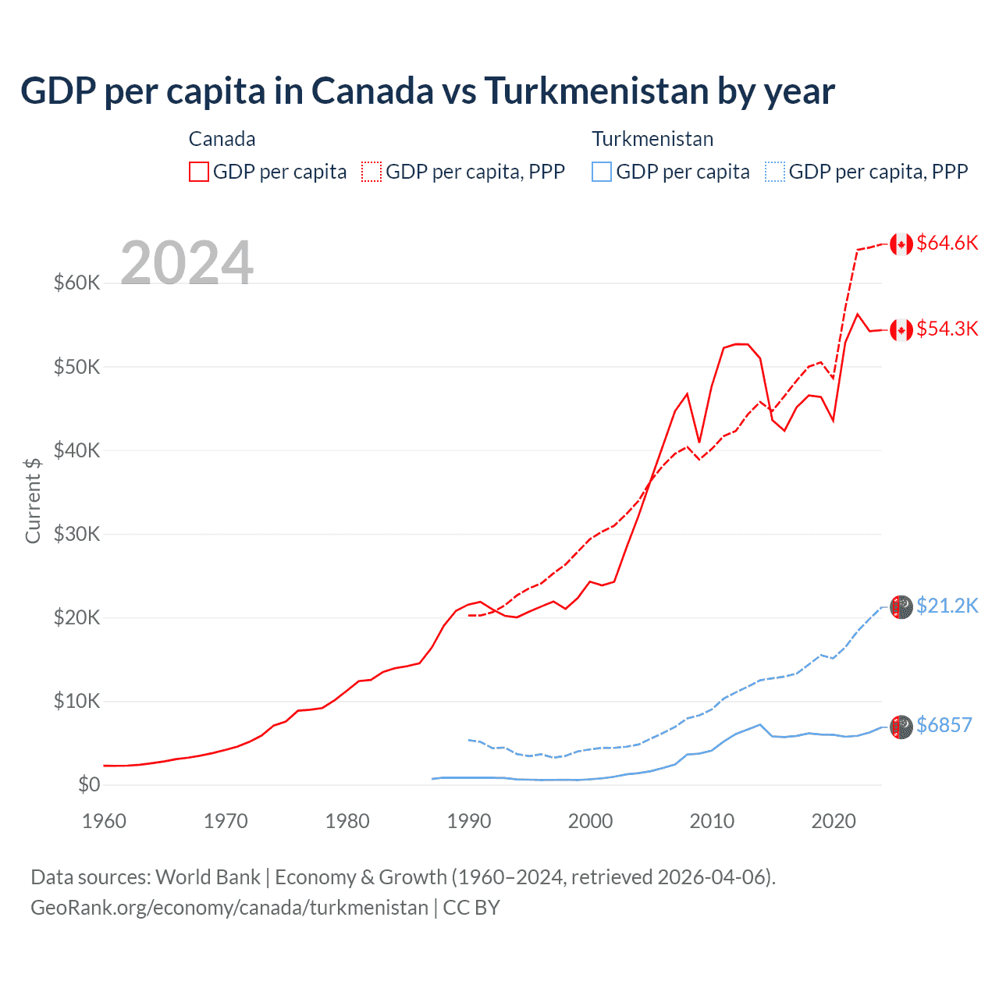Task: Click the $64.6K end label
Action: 947,244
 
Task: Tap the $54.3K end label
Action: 947,329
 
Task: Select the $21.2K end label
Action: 947,606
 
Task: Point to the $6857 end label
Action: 944,726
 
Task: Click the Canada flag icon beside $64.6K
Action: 901,244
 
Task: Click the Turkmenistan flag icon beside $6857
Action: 901,727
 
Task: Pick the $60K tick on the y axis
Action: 76,283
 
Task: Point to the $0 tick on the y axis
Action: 89,785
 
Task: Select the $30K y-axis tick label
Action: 76,535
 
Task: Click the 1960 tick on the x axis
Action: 104,821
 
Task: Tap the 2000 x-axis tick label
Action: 591,821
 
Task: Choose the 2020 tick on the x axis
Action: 834,821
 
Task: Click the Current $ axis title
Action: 33,500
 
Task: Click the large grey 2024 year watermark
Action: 187,263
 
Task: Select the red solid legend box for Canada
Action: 199,172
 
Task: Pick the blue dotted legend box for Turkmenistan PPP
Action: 775,172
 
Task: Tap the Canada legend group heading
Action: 222,140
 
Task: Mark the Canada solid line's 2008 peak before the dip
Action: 687,394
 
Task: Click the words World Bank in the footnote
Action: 208,877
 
